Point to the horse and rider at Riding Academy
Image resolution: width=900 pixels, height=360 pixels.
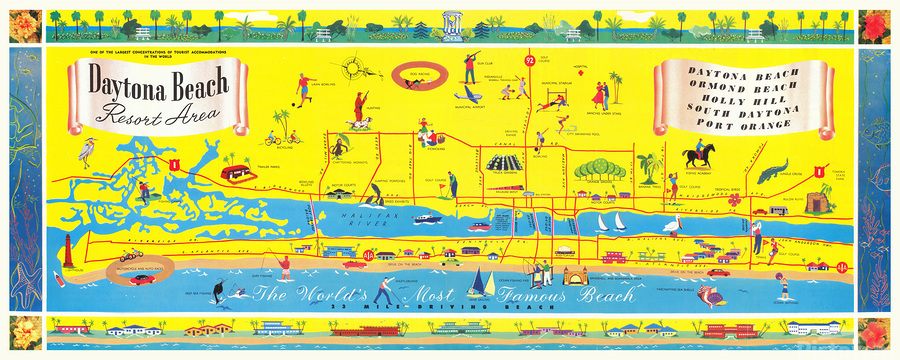(x=697, y=156)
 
